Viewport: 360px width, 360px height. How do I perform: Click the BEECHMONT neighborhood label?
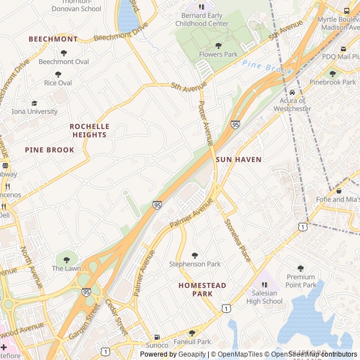(x=53, y=39)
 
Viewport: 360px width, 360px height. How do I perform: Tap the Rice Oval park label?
(x=58, y=83)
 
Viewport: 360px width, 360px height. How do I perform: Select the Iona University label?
(x=34, y=111)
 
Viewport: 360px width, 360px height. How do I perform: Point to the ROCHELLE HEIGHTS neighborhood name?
(x=89, y=130)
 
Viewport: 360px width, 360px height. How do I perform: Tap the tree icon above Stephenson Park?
(x=195, y=255)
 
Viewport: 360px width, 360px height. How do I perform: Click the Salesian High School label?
(x=264, y=297)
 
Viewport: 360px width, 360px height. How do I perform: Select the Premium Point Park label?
(x=301, y=281)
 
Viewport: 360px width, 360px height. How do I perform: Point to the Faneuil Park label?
(x=192, y=341)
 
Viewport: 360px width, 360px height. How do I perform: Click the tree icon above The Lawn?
(x=66, y=260)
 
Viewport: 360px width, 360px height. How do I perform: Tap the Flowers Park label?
(x=218, y=55)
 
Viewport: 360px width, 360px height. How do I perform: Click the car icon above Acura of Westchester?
(x=292, y=93)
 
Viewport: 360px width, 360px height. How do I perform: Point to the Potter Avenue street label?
(x=206, y=121)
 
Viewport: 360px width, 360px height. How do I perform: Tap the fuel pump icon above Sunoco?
(x=157, y=336)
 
